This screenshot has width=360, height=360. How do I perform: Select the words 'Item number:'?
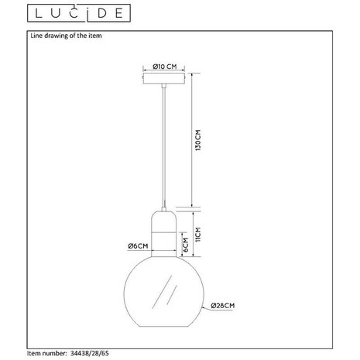(x=46, y=352)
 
